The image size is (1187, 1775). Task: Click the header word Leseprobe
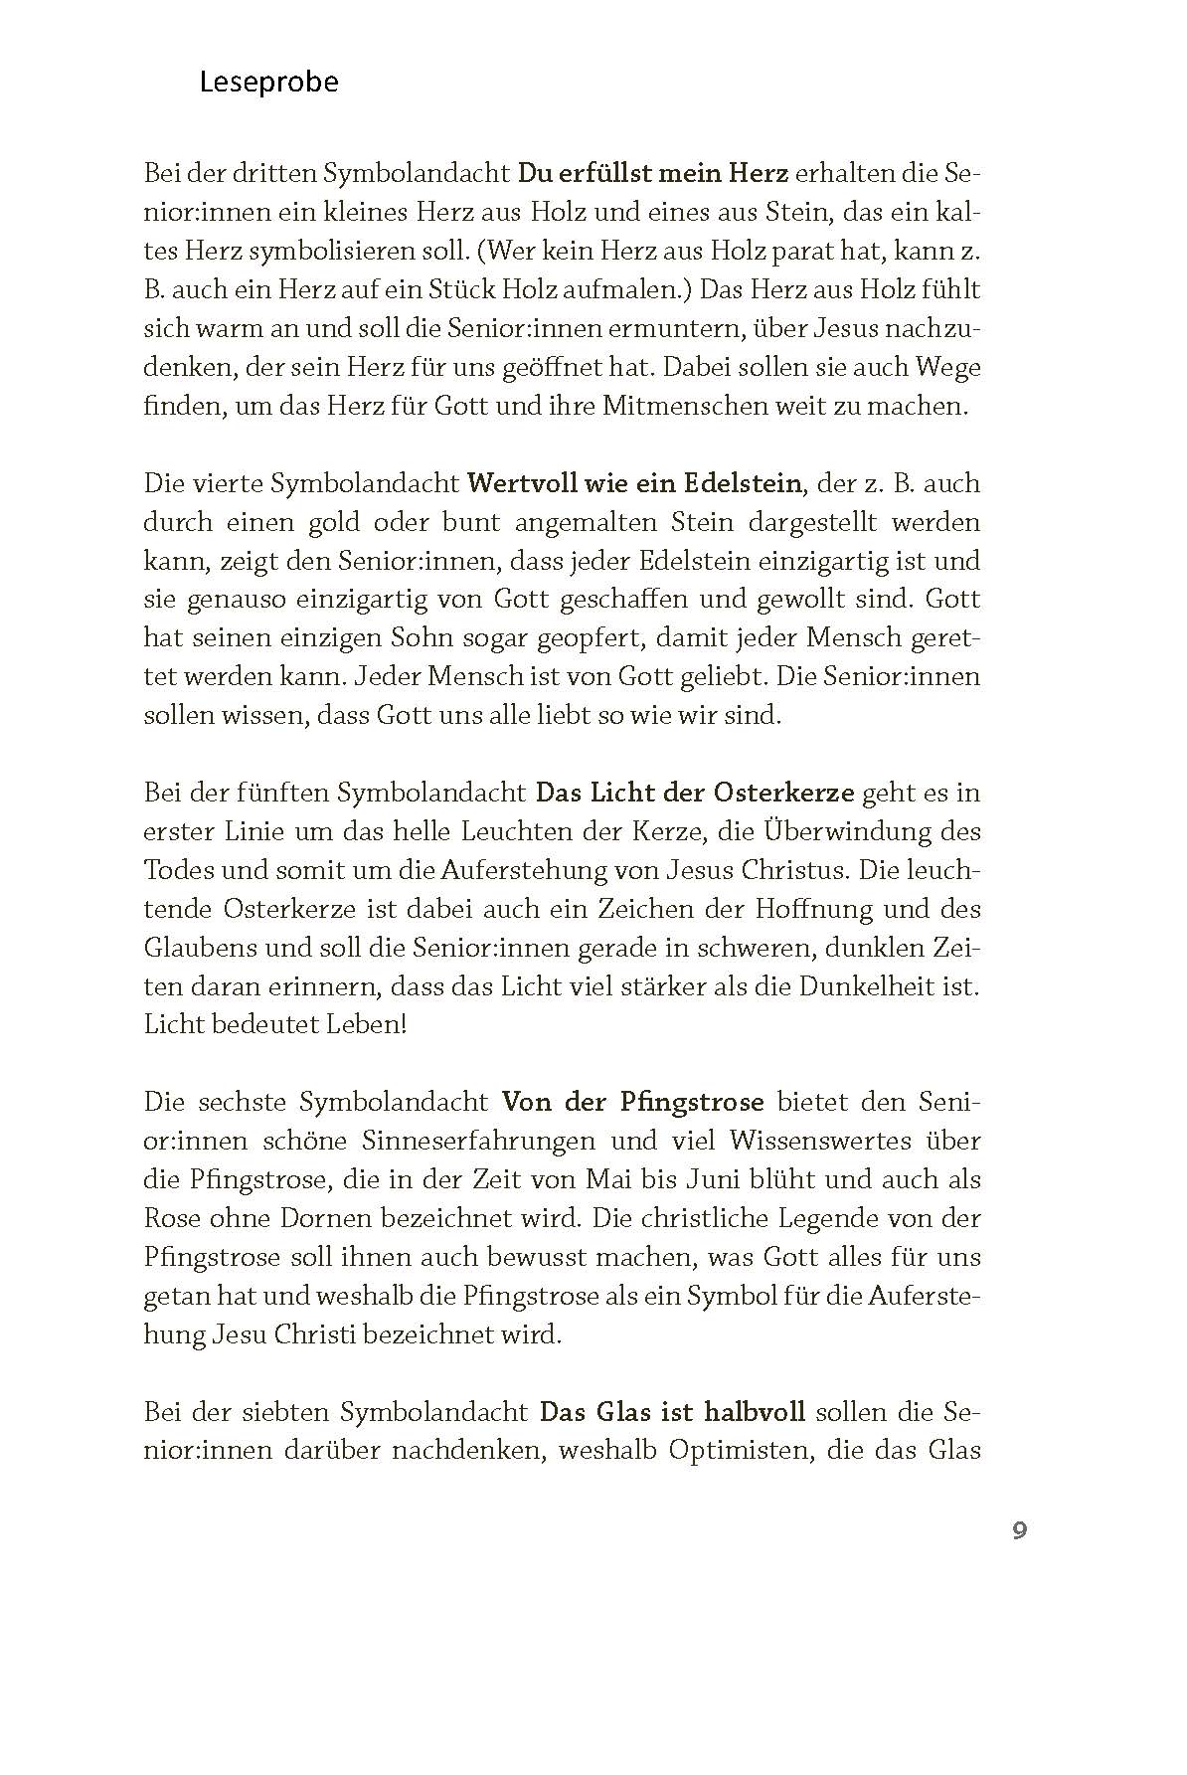[268, 82]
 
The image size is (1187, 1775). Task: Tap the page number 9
[1019, 1529]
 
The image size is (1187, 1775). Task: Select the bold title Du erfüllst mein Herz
[653, 173]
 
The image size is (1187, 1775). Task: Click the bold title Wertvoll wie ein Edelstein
[634, 483]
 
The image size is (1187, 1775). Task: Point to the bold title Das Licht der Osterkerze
[695, 793]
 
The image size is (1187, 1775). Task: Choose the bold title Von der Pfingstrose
[632, 1102]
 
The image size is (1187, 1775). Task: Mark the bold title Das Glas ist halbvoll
[672, 1411]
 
